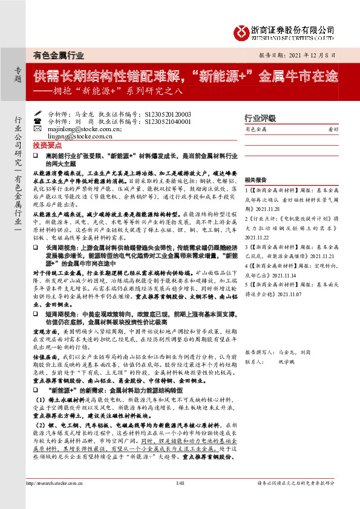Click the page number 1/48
(x=180, y=500)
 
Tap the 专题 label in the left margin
(x=17, y=75)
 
